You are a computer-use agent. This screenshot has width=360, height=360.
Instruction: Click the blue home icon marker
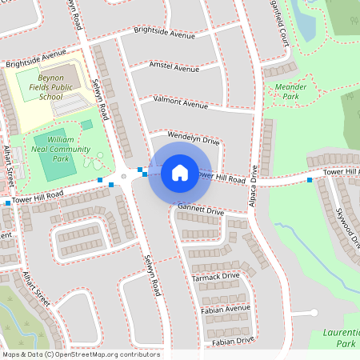pyautogui.click(x=180, y=171)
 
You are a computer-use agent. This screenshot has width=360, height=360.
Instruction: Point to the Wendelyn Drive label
pyautogui.click(x=193, y=139)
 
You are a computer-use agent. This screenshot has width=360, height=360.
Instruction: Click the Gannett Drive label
pyautogui.click(x=200, y=211)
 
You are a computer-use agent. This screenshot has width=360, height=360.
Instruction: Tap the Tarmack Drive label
pyautogui.click(x=215, y=277)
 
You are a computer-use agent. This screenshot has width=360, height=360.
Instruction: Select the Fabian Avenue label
pyautogui.click(x=226, y=308)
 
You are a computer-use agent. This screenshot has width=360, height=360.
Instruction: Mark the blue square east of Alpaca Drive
pyautogui.click(x=310, y=180)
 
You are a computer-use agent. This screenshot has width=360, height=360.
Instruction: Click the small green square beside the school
pyautogui.click(x=86, y=125)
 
